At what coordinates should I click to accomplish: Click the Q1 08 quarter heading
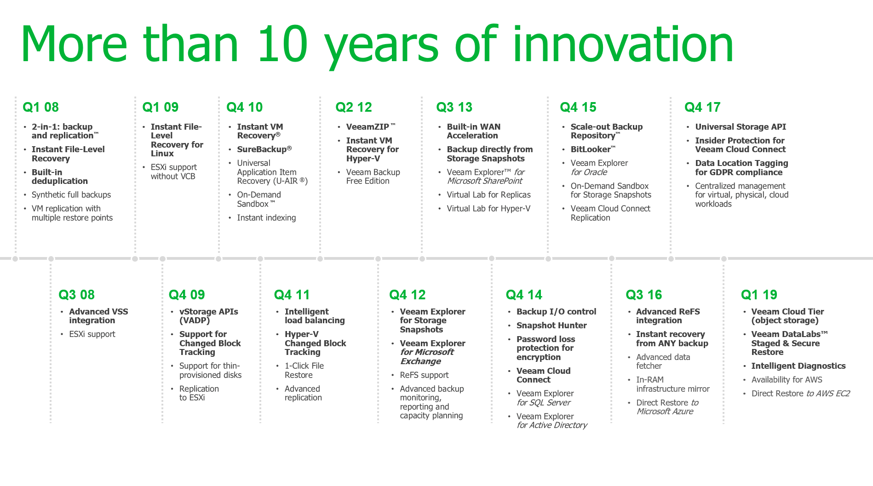(41, 107)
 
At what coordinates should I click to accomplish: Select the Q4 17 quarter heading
(702, 107)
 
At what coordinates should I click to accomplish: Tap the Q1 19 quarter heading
(759, 295)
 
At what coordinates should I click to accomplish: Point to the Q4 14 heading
(524, 295)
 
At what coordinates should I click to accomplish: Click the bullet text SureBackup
(264, 149)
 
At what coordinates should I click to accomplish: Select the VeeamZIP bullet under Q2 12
(371, 126)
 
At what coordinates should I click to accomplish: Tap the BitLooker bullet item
(593, 149)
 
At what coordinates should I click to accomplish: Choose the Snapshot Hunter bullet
(551, 325)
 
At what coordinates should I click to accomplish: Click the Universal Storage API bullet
(741, 126)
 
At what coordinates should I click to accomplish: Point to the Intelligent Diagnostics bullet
(798, 366)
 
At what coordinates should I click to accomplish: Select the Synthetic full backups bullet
(71, 195)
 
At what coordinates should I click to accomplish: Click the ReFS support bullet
(424, 375)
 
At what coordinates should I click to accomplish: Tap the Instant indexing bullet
(266, 218)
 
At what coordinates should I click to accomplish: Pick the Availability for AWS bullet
(787, 380)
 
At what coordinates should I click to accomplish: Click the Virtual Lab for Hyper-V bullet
(488, 209)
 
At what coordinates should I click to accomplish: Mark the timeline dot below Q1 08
(15, 259)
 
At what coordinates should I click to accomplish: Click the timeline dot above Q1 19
(724, 259)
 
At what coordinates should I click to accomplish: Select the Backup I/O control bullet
(556, 312)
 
